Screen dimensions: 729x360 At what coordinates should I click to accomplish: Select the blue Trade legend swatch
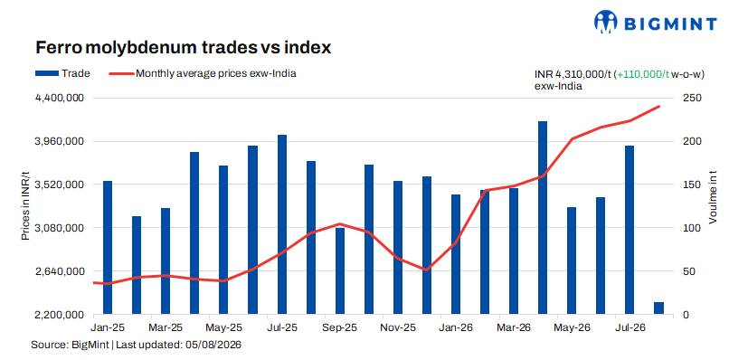coord(47,73)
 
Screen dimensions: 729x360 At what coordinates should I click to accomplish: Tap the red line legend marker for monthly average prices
coord(121,73)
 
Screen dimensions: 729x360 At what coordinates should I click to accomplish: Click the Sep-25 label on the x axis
coord(341,328)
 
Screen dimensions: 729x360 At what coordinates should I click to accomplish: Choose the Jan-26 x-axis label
coord(457,328)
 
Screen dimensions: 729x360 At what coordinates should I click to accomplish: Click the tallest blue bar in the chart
coord(543,218)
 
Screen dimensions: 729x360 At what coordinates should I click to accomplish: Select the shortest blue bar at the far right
coord(658,308)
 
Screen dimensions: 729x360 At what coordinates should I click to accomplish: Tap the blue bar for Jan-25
coord(108,248)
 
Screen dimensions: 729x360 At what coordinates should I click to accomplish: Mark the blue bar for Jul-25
coord(282,224)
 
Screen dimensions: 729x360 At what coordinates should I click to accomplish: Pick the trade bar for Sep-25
coord(340,271)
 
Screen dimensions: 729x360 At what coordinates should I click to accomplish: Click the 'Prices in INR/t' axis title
coord(25,206)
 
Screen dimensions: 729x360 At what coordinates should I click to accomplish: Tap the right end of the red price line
coord(659,107)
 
